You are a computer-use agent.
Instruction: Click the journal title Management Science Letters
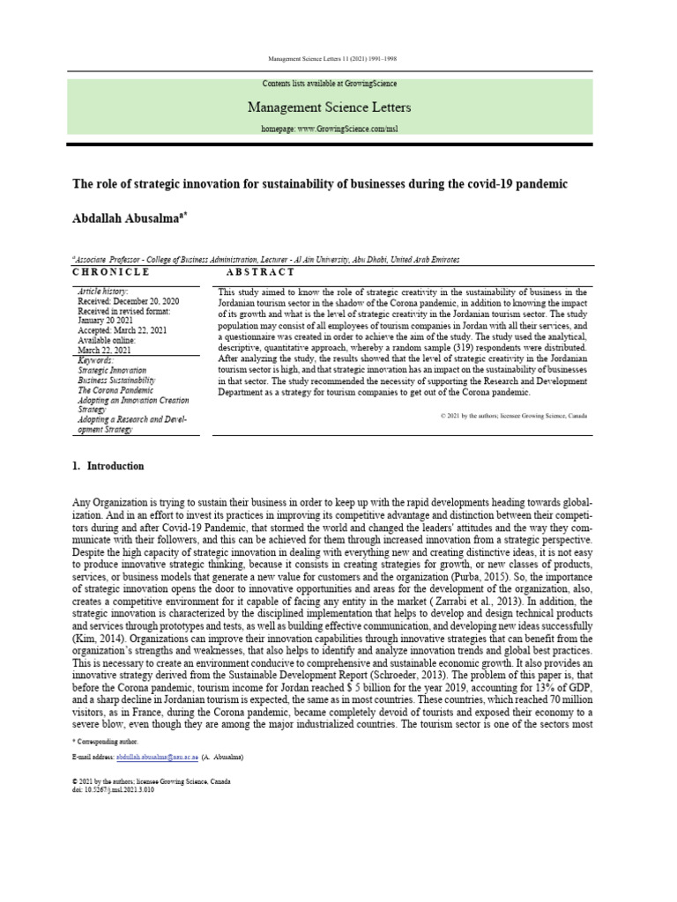tap(330, 107)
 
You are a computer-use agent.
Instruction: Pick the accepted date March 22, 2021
tap(124, 330)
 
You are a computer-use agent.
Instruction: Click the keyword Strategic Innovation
tap(112, 371)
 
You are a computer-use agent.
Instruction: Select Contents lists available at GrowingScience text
tap(330, 84)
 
